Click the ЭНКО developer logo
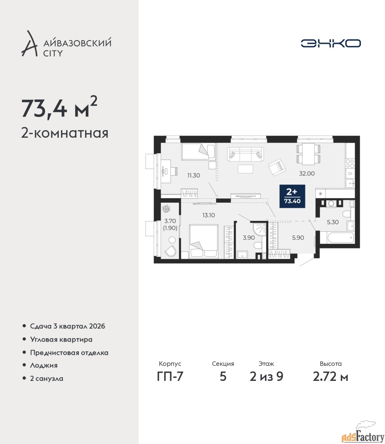[x=330, y=43]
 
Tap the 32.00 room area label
[x=307, y=173]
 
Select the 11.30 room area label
[x=193, y=176]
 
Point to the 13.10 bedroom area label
[x=209, y=215]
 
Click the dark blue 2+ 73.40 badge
[x=292, y=196]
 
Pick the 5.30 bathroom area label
[x=333, y=222]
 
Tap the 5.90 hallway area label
[x=298, y=238]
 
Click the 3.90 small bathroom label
[x=249, y=238]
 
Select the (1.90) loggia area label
[x=170, y=228]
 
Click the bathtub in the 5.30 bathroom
[x=340, y=238]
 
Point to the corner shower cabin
[x=259, y=229]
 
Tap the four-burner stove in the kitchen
[x=350, y=164]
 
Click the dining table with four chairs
[x=308, y=154]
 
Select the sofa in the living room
[x=245, y=154]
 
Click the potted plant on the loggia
[x=166, y=209]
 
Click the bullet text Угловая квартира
[x=61, y=339]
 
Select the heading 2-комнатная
[x=65, y=133]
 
